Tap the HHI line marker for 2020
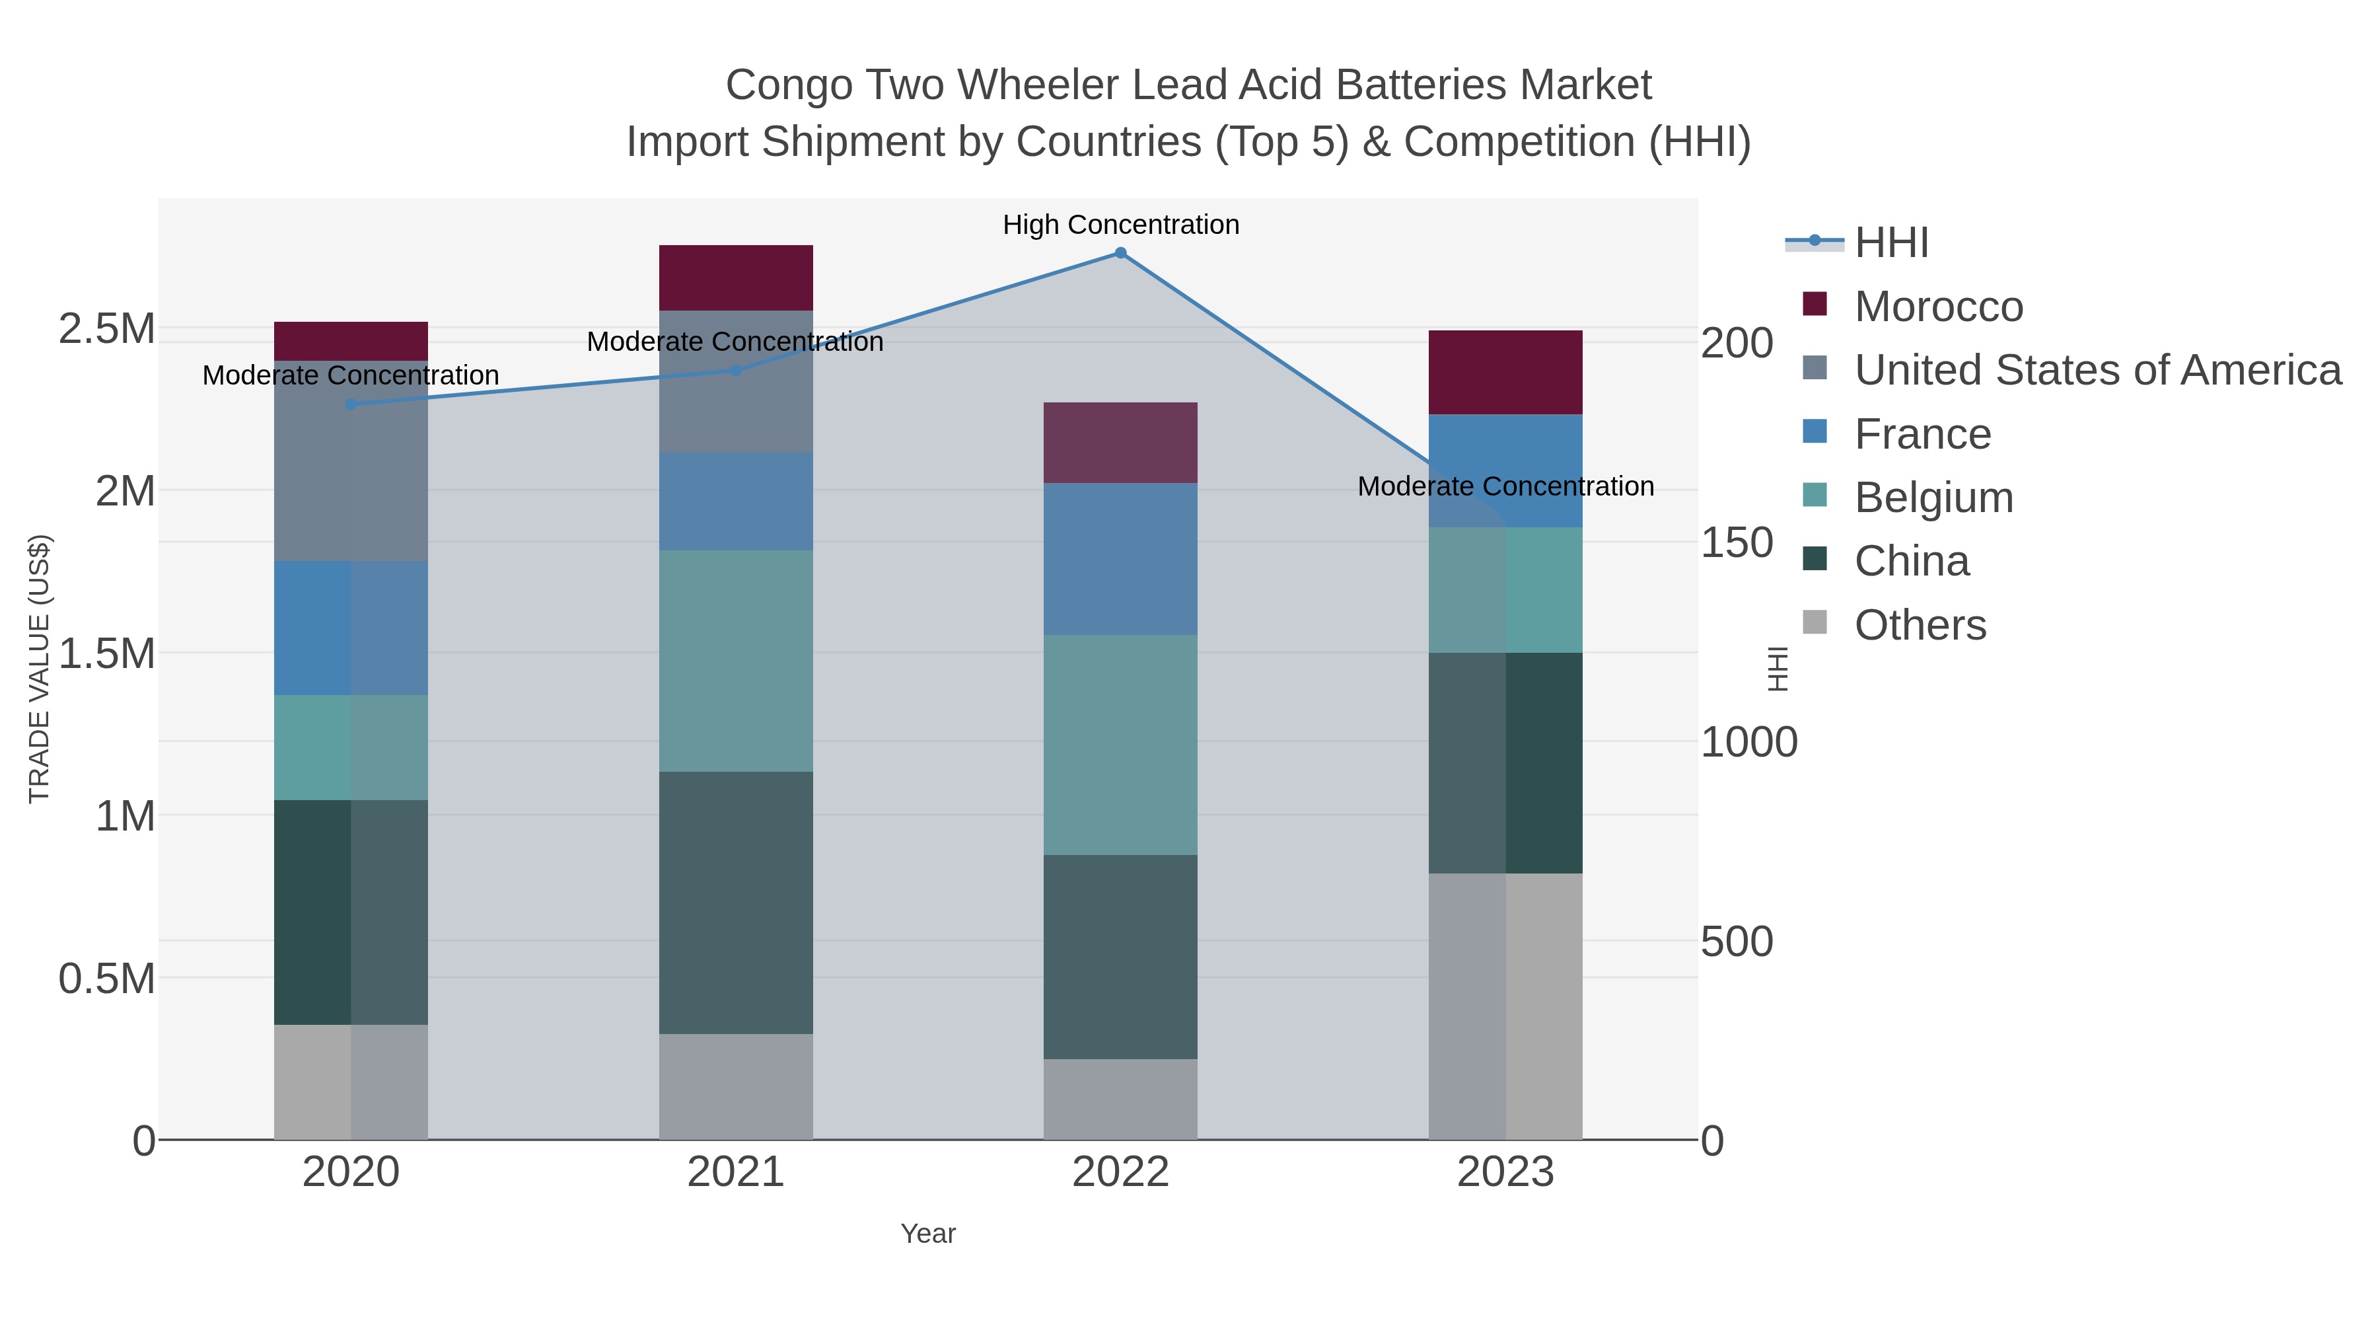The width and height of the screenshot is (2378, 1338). pyautogui.click(x=351, y=404)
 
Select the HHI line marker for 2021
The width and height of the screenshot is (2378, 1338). pyautogui.click(x=736, y=370)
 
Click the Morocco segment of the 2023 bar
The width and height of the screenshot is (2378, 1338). pyautogui.click(x=1505, y=372)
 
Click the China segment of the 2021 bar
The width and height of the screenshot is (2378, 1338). pyautogui.click(x=736, y=902)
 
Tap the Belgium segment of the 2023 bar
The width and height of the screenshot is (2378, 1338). pyautogui.click(x=1505, y=590)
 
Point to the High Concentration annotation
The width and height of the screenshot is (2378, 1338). pyautogui.click(x=1121, y=225)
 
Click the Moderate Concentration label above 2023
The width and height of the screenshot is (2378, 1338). pyautogui.click(x=1505, y=486)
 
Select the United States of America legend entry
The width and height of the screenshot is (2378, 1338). pyautogui.click(x=2097, y=370)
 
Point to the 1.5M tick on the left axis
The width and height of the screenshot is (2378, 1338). pyautogui.click(x=106, y=653)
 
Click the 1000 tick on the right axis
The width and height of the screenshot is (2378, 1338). pyautogui.click(x=1748, y=743)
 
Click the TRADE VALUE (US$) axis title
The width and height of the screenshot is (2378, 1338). pyautogui.click(x=39, y=669)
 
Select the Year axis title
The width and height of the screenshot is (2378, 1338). pyautogui.click(x=928, y=1234)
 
